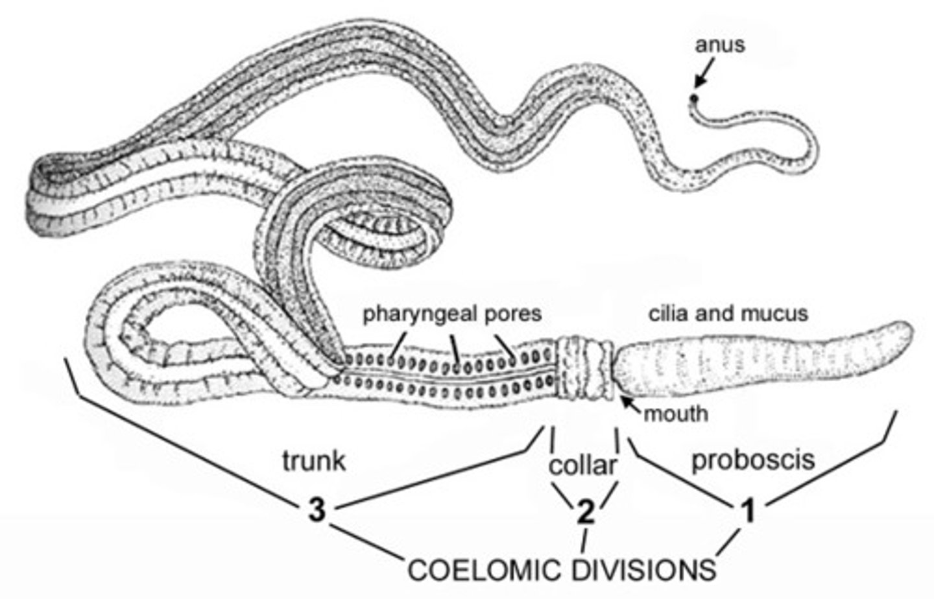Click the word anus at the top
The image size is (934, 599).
point(720,45)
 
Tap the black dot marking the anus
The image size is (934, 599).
point(694,99)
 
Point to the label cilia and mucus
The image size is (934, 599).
point(728,314)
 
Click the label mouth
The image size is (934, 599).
point(676,414)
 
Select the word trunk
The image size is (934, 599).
point(314,461)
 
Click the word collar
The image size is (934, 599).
point(583,465)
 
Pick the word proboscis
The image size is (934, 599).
point(752,460)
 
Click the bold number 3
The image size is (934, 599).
point(316,511)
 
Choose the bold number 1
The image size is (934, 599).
point(748,511)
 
